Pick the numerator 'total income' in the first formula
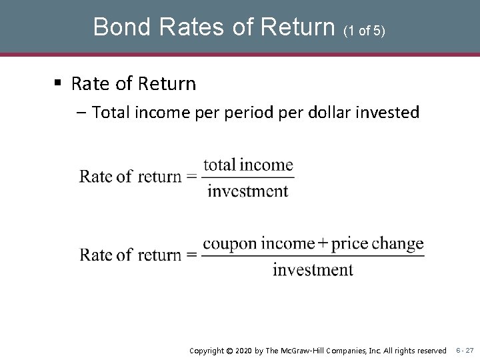tap(248, 165)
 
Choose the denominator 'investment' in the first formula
tap(247, 191)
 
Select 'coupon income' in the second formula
tap(258, 244)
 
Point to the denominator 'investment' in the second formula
tap(313, 270)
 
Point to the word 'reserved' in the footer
tap(431, 350)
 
